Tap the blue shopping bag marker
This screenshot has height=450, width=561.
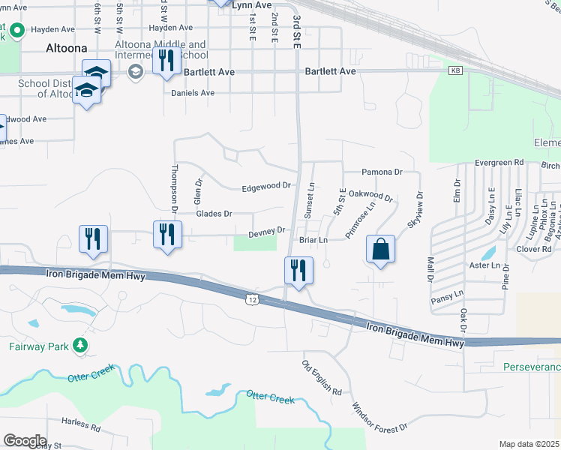(x=381, y=250)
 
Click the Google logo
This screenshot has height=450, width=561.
(x=25, y=440)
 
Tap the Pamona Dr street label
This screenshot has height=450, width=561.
(x=382, y=172)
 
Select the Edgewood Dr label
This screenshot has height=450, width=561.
(x=265, y=186)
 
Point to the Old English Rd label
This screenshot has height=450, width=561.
(x=322, y=378)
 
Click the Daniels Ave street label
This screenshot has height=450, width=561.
(x=193, y=93)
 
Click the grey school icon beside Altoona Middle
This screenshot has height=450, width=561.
(x=136, y=72)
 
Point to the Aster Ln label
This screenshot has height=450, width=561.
(x=485, y=265)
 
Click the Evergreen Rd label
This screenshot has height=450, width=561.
(x=499, y=163)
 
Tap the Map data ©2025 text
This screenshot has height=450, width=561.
(x=528, y=444)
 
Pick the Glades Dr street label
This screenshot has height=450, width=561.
(x=214, y=214)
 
